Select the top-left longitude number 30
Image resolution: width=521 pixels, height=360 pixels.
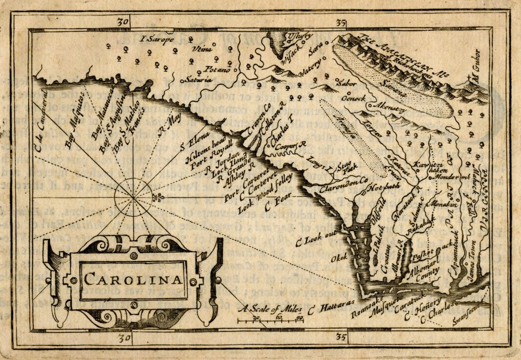(x=123, y=22)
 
